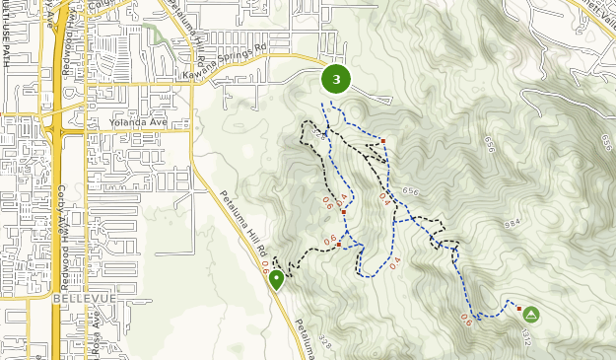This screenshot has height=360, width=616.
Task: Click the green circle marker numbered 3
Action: tap(336, 79)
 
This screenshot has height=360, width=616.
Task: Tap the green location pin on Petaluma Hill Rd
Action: tap(276, 279)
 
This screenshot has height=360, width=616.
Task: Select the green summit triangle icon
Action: tap(530, 315)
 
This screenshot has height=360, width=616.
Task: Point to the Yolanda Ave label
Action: tap(140, 124)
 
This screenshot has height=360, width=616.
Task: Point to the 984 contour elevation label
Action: tap(513, 224)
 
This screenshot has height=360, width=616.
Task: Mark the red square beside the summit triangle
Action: tap(519, 309)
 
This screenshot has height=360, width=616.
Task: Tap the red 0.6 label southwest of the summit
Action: tap(465, 320)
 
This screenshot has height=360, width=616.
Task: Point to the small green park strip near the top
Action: tap(155, 34)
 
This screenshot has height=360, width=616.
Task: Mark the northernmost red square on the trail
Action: tap(382, 141)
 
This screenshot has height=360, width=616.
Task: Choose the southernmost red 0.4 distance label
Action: tap(395, 263)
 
